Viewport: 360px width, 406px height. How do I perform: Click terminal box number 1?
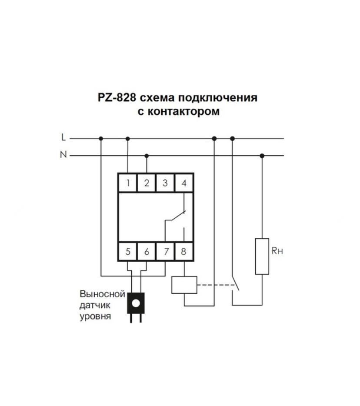(x=128, y=183)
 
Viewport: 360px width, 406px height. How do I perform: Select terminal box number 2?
(x=147, y=183)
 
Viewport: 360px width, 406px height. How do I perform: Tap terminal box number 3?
(x=165, y=183)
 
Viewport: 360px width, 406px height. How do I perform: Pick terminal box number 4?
(x=184, y=183)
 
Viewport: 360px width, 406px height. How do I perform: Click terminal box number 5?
(x=128, y=251)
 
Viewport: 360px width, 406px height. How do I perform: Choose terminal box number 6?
(x=147, y=251)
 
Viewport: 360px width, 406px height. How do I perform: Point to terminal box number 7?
(x=165, y=251)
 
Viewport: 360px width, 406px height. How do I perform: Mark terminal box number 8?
(x=184, y=251)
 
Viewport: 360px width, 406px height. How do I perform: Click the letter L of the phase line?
(x=64, y=137)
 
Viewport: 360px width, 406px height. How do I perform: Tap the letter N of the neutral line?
(x=63, y=155)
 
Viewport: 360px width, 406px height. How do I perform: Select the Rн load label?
(x=277, y=251)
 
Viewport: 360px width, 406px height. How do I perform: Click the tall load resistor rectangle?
(x=262, y=256)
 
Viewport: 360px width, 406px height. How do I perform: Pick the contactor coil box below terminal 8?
(x=184, y=285)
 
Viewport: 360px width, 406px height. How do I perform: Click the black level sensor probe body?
(x=136, y=303)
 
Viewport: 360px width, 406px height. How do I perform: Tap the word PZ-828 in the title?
(x=117, y=98)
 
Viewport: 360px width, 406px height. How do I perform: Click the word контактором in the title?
(x=183, y=111)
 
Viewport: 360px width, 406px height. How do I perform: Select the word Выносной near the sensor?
(x=102, y=294)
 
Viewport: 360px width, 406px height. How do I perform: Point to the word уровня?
(x=95, y=316)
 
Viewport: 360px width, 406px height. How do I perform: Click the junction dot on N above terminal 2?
(x=147, y=156)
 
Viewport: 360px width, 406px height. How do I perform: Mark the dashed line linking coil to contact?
(x=217, y=285)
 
